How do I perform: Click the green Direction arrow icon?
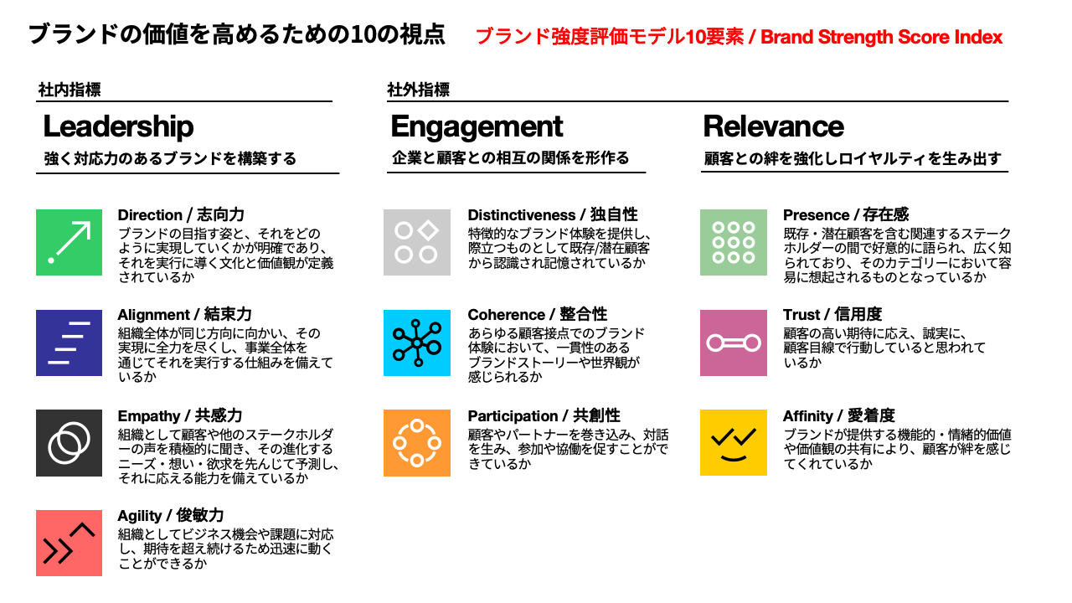point(69,242)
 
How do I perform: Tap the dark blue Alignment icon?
point(69,343)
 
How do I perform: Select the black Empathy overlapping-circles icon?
point(69,443)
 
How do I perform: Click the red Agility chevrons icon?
point(69,543)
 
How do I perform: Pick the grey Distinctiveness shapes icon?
point(417,242)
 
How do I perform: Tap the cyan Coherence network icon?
point(417,343)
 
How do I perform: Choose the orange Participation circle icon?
point(417,443)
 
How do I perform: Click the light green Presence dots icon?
point(733,242)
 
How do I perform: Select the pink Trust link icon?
point(733,343)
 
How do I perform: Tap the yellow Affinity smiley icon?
point(733,442)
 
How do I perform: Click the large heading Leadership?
point(118,126)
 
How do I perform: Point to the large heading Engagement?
point(477,127)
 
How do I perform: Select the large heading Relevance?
point(773,126)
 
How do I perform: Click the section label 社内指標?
point(70,90)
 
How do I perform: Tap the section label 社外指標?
point(418,90)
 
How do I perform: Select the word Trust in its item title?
point(801,315)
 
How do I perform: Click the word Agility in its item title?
point(140,516)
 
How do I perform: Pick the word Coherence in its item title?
point(507,315)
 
